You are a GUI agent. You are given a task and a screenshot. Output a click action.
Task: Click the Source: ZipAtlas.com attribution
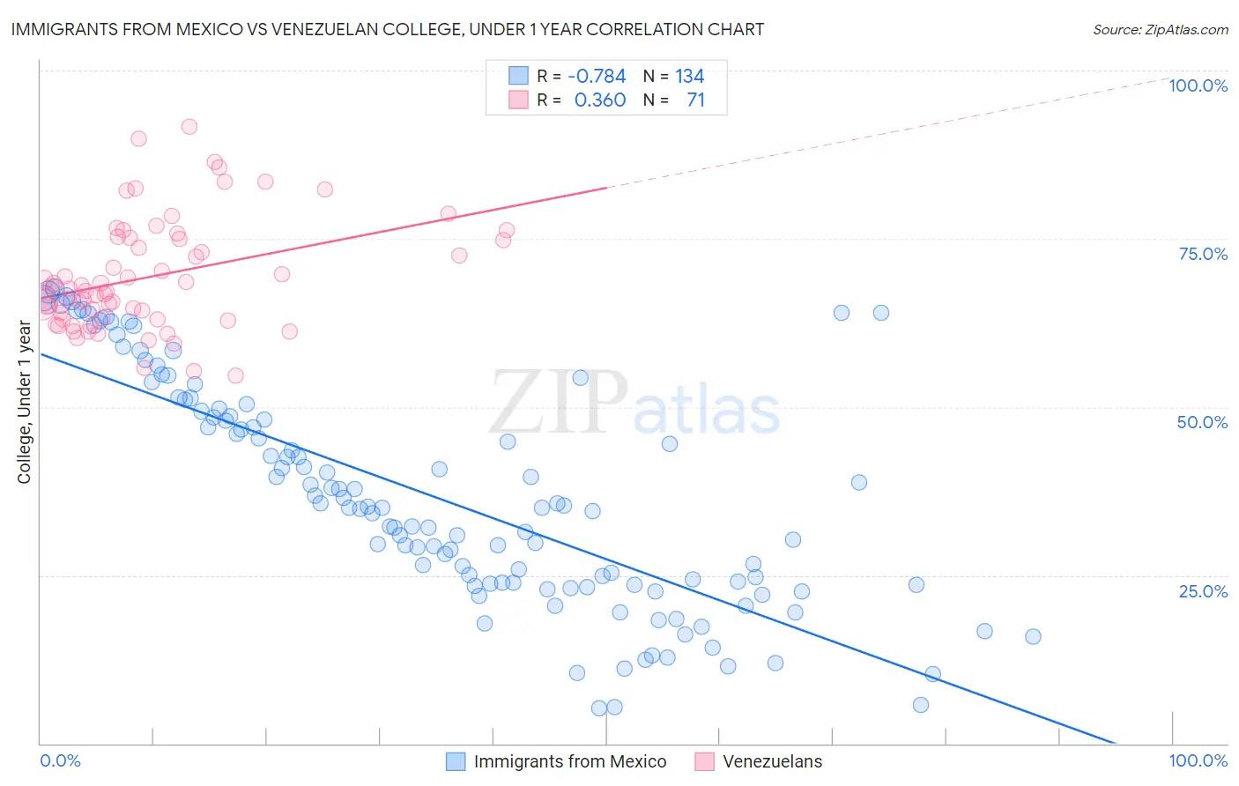pos(1160,29)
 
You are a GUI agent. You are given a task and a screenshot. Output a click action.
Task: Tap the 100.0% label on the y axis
pos(1198,85)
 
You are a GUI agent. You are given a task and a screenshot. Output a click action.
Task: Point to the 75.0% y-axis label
pos(1203,254)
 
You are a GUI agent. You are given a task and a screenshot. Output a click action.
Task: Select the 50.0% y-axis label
pos(1202,422)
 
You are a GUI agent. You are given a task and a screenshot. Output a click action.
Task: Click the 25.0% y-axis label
pos(1203,590)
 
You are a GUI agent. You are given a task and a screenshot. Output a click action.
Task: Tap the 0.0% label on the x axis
pos(60,760)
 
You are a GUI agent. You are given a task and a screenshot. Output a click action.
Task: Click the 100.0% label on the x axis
pos(1198,760)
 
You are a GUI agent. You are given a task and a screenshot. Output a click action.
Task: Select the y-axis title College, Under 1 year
pos(25,403)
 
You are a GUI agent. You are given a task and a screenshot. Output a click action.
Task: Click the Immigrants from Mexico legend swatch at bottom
pos(456,761)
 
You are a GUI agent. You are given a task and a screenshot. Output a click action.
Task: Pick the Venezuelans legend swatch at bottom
pos(704,761)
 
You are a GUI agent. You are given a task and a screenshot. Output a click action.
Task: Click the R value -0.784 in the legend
pos(597,76)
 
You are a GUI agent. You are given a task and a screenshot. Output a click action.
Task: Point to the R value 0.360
pos(599,100)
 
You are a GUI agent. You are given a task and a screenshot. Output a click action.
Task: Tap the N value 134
pos(690,76)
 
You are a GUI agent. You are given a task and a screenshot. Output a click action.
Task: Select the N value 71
pos(695,100)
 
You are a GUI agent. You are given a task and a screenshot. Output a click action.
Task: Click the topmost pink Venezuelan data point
pos(189,127)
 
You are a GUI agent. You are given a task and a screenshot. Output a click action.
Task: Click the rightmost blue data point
pos(1033,636)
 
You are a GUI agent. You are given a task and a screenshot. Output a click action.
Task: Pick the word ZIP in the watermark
pos(559,403)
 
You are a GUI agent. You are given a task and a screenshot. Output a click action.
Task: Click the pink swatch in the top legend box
pos(518,100)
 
